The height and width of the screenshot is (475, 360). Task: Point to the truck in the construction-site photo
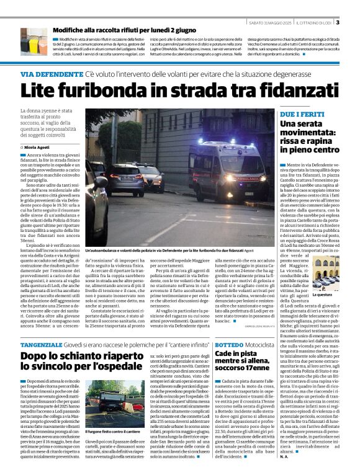(102, 406)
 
